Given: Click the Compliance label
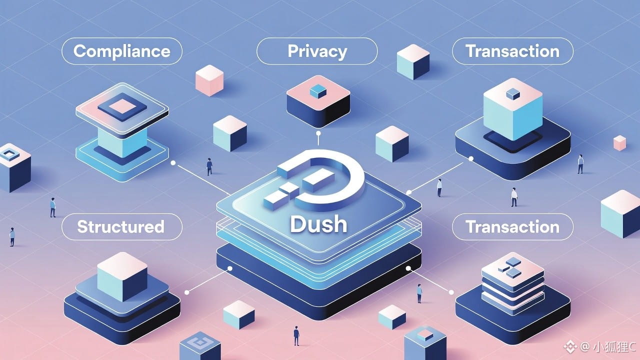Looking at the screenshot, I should pyautogui.click(x=121, y=51).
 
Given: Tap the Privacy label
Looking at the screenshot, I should pyautogui.click(x=317, y=51).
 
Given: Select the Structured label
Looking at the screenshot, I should pyautogui.click(x=120, y=227).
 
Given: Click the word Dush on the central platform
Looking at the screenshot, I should pyautogui.click(x=318, y=225).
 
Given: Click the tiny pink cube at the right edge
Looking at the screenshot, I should pyautogui.click(x=619, y=142).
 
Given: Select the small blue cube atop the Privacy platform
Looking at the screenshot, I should pyautogui.click(x=317, y=90).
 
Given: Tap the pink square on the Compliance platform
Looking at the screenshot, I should pyautogui.click(x=121, y=106).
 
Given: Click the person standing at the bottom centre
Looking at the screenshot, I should pyautogui.click(x=296, y=335).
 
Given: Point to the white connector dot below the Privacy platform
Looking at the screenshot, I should pyautogui.click(x=318, y=134).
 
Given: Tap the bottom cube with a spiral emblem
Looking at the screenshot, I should pyautogui.click(x=200, y=345).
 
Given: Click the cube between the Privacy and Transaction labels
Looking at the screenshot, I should pyautogui.click(x=413, y=61).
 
